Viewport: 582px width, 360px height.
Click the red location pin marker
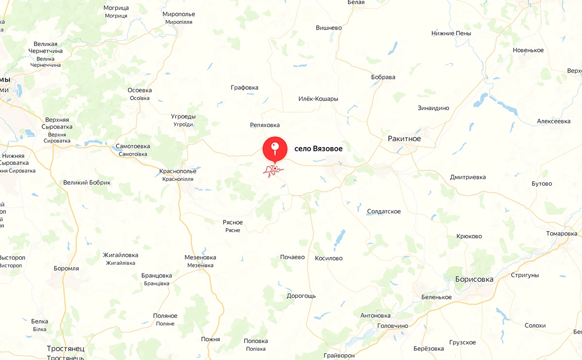pyautogui.click(x=275, y=148)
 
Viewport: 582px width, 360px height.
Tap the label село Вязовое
pyautogui.click(x=318, y=149)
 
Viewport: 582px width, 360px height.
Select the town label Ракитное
pyautogui.click(x=404, y=139)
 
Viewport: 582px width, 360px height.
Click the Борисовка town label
pyautogui.click(x=474, y=279)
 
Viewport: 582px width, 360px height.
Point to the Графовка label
pyautogui.click(x=244, y=88)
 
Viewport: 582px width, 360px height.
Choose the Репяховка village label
pyautogui.click(x=265, y=125)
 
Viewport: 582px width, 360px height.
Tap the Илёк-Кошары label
pyautogui.click(x=318, y=99)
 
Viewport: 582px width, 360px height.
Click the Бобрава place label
pyautogui.click(x=383, y=77)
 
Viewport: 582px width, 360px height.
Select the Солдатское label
pyautogui.click(x=384, y=212)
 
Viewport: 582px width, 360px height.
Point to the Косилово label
pyautogui.click(x=328, y=258)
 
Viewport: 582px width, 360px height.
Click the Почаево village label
pyautogui.click(x=292, y=257)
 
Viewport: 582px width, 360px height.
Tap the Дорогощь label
pyautogui.click(x=301, y=295)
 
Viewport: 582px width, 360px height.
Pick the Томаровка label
pyautogui.click(x=562, y=233)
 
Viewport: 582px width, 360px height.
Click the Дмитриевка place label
pyautogui.click(x=468, y=177)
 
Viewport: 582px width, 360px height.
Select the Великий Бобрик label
pyautogui.click(x=87, y=182)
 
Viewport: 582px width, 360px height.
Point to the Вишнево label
pyautogui.click(x=328, y=28)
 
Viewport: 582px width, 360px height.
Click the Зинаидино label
pyautogui.click(x=433, y=108)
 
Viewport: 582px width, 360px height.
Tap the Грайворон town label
pyautogui.click(x=339, y=355)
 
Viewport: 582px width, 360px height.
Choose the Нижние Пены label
pyautogui.click(x=451, y=33)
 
